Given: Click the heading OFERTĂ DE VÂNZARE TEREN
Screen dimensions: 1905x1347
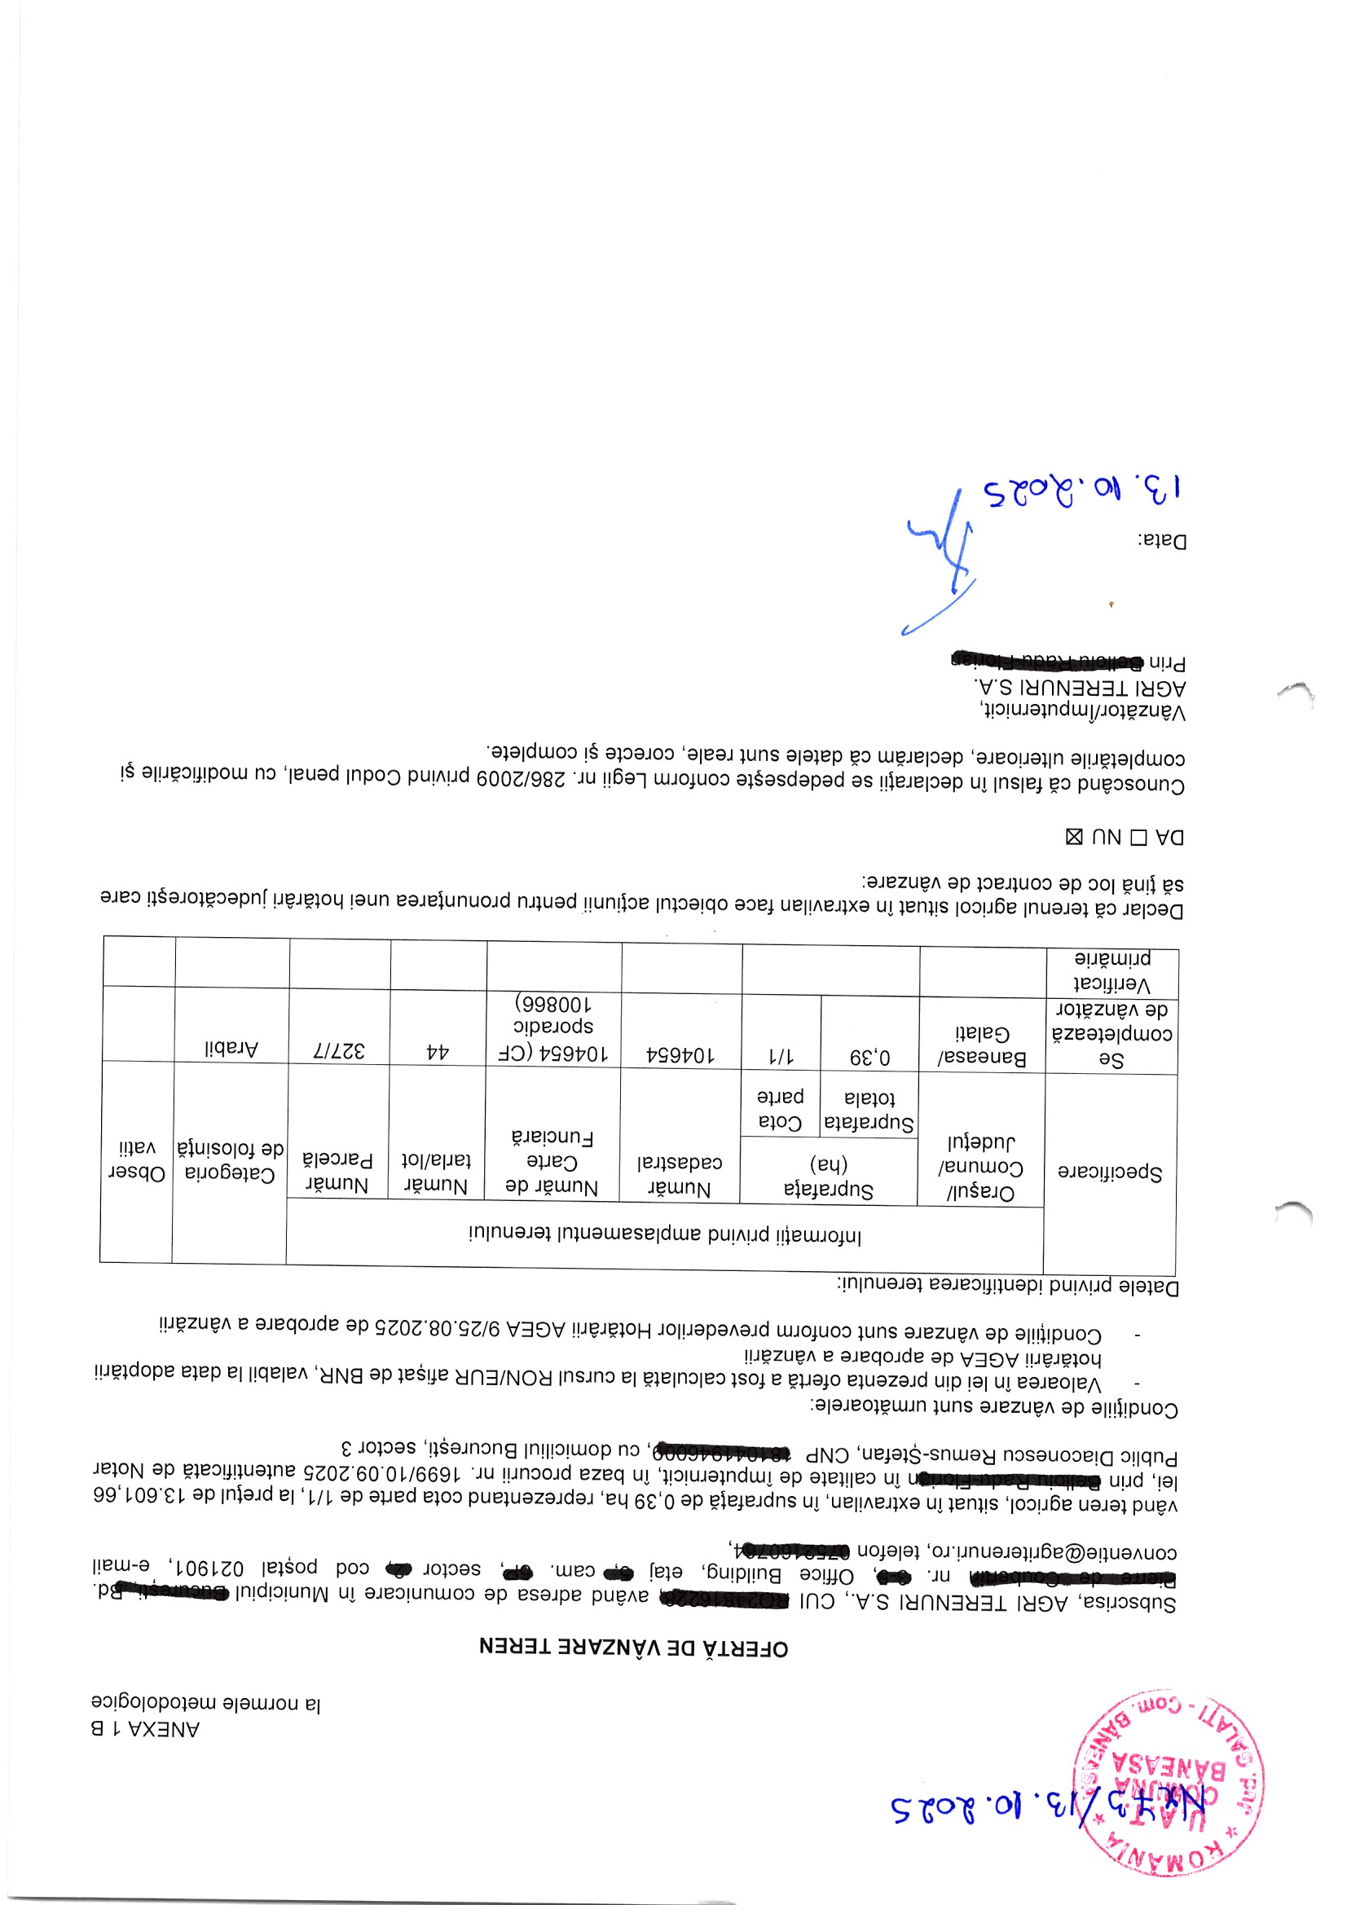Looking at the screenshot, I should pos(633,1646).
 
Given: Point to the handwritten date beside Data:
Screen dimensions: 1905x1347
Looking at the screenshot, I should pos(1083,490).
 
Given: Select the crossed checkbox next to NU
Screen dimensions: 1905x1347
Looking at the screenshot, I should pos(1073,836).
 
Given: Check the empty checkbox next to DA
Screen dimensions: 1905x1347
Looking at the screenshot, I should pos(1138,837).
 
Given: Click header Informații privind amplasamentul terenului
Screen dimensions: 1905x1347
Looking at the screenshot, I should pos(665,1235).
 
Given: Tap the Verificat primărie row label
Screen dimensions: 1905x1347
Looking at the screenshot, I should pos(1112,970).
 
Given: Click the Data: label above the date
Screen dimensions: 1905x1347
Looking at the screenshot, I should pos(1162,541).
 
